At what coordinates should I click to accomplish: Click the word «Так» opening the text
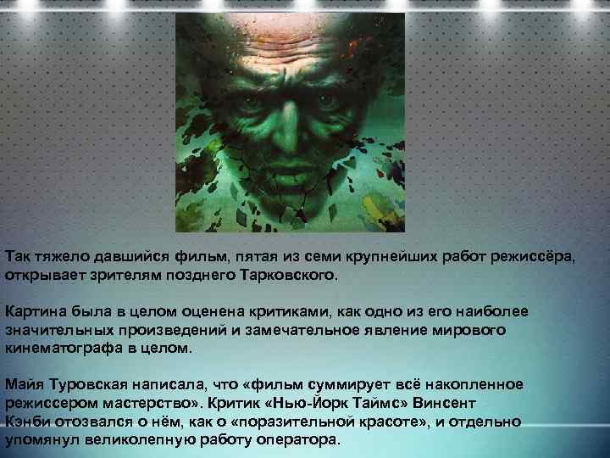18,257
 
